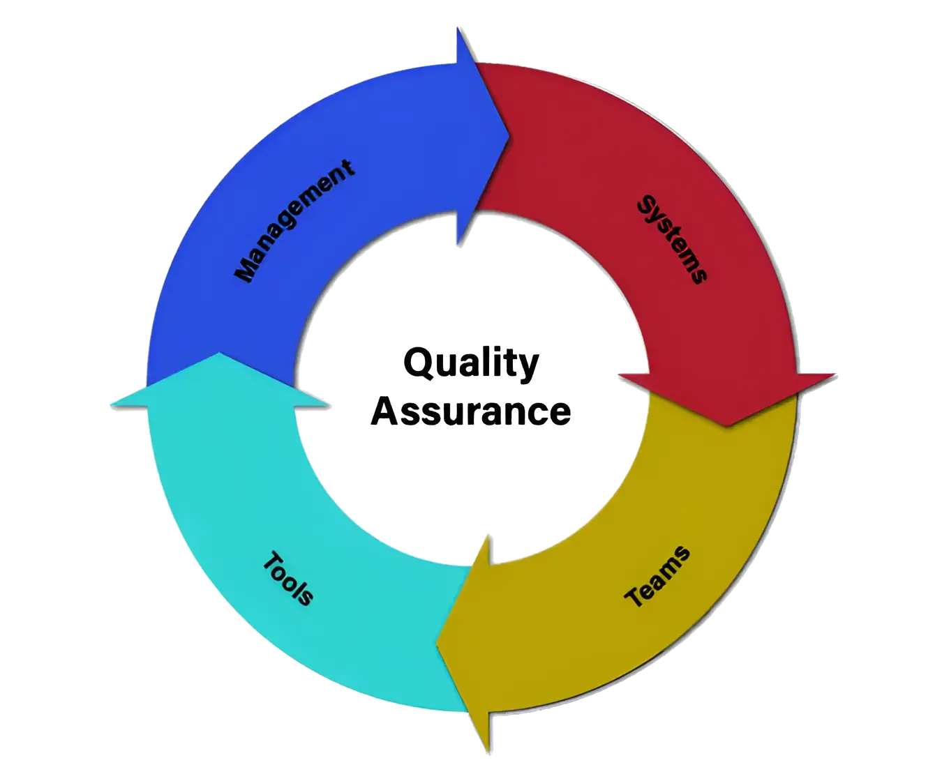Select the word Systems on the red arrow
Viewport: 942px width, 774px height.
click(673, 239)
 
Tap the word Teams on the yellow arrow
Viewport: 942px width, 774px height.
click(657, 577)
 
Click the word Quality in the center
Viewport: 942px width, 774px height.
click(471, 363)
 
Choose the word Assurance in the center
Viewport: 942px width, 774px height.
click(471, 411)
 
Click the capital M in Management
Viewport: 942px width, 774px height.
click(245, 271)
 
